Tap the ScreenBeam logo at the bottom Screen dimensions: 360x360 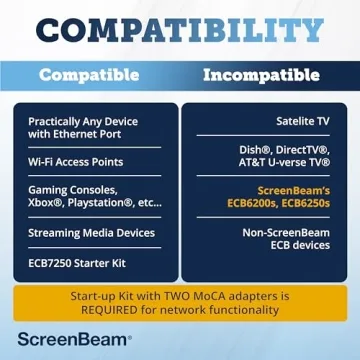coord(72,341)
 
